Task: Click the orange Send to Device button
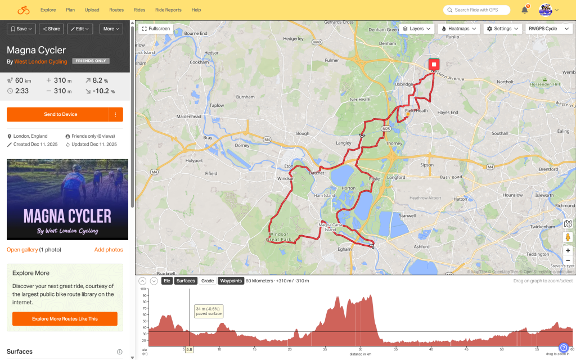point(60,114)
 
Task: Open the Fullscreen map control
point(156,29)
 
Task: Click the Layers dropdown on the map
point(417,29)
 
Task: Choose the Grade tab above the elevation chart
point(208,281)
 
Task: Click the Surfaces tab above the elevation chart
point(185,281)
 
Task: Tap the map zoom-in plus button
point(568,250)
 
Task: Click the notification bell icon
point(525,10)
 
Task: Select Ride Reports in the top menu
point(168,10)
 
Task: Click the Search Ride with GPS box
point(477,10)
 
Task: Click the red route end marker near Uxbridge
point(434,64)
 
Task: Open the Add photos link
point(109,250)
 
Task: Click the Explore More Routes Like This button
point(65,319)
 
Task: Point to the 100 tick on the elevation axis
point(143,289)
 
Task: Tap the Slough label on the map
point(303,133)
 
